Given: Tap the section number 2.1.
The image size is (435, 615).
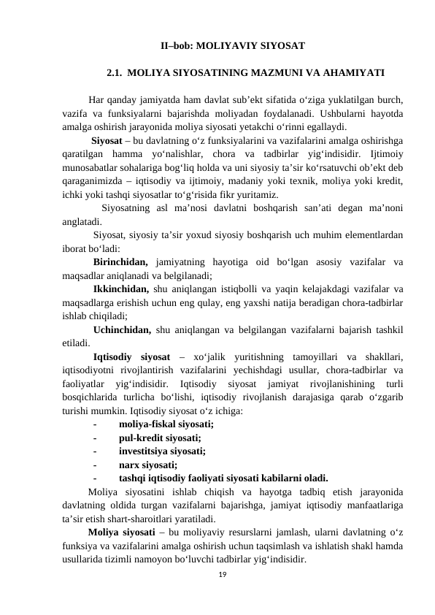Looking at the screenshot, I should tap(116, 73).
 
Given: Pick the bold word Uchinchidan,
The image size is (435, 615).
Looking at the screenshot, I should tap(122, 331).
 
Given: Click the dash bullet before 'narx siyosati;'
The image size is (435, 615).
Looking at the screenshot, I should tap(95, 465).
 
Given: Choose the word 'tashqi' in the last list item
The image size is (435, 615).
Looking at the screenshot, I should tap(134, 479).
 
